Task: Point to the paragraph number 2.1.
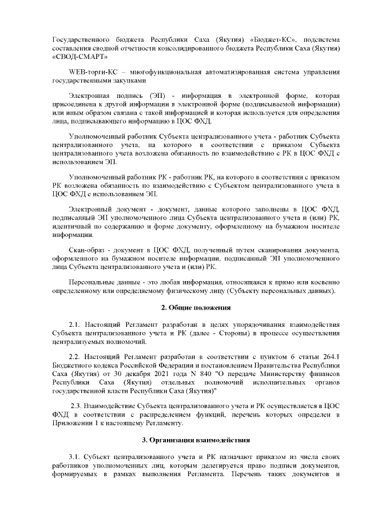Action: click(x=75, y=326)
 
